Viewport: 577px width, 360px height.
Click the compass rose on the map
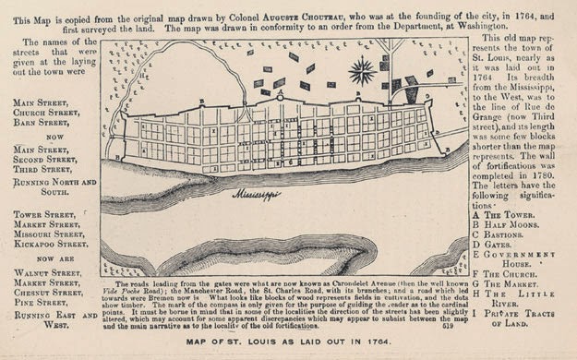pyautogui.click(x=363, y=69)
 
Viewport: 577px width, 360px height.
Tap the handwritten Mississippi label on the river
pyautogui.click(x=257, y=196)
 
